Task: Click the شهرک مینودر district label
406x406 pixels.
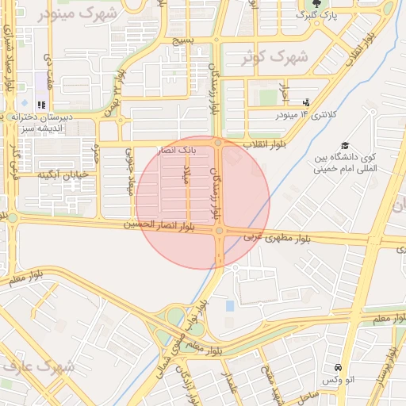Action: point(79,13)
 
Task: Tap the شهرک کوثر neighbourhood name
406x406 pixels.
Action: point(276,58)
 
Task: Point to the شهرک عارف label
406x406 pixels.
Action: point(37,368)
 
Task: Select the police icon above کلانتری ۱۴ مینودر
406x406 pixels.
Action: point(305,102)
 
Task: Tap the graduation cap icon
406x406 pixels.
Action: point(345,145)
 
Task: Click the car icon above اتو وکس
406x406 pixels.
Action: point(339,368)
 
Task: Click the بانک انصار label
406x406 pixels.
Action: point(177,149)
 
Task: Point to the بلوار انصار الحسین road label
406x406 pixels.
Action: point(158,226)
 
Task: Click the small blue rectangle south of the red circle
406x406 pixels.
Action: point(230,305)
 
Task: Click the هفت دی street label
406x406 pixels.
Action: point(50,70)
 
